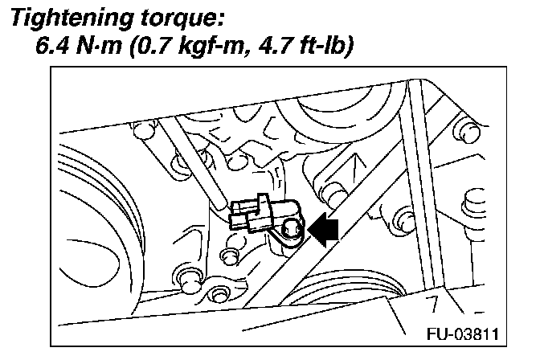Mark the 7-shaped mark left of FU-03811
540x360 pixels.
pyautogui.click(x=431, y=305)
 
